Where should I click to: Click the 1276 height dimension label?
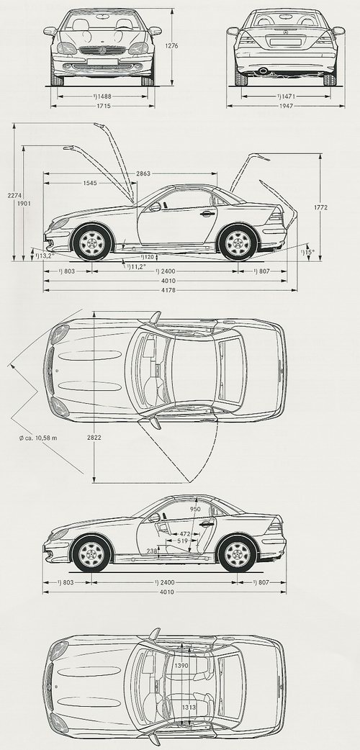pyautogui.click(x=171, y=46)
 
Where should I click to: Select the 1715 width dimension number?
pyautogui.click(x=103, y=106)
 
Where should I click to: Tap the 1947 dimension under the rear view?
pyautogui.click(x=286, y=106)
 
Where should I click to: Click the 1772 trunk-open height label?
pyautogui.click(x=320, y=207)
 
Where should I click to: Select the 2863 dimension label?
pyautogui.click(x=143, y=173)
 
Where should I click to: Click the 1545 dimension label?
pyautogui.click(x=89, y=183)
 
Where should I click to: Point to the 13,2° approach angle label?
pyautogui.click(x=44, y=256)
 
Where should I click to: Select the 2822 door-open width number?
pyautogui.click(x=94, y=437)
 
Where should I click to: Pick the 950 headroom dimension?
pyautogui.click(x=195, y=509)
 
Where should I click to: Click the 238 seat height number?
pyautogui.click(x=152, y=551)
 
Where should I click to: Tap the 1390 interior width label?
pyautogui.click(x=181, y=665)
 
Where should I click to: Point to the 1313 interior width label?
pyautogui.click(x=188, y=708)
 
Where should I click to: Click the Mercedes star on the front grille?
pyautogui.click(x=102, y=50)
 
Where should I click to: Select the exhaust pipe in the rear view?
pyautogui.click(x=263, y=71)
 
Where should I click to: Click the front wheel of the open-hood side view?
pyautogui.click(x=92, y=242)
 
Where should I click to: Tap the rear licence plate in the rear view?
pyautogui.click(x=285, y=42)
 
